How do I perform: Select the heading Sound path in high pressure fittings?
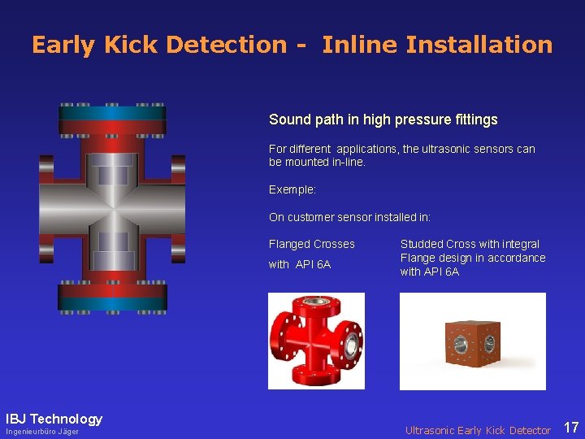click(x=383, y=120)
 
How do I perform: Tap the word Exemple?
click(x=293, y=189)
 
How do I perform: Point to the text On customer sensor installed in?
click(x=349, y=217)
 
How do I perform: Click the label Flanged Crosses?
click(x=311, y=244)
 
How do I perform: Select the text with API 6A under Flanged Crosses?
click(x=299, y=264)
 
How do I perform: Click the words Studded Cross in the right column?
click(x=440, y=244)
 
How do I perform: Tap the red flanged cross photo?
click(x=316, y=341)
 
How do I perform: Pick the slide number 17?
click(x=571, y=428)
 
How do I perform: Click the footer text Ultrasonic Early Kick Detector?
click(x=478, y=430)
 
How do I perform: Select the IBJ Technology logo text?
click(x=54, y=419)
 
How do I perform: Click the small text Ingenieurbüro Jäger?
click(x=42, y=432)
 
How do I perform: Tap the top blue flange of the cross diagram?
click(x=112, y=114)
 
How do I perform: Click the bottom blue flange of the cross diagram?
click(x=112, y=300)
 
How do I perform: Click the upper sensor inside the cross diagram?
click(x=112, y=172)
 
